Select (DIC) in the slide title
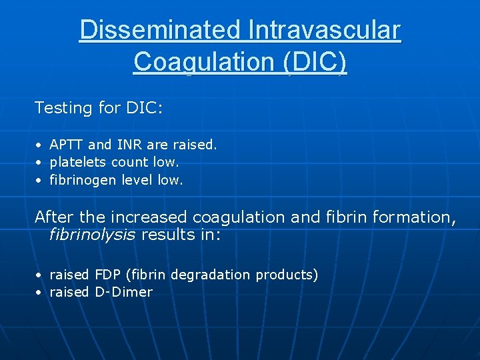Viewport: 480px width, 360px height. pos(315,61)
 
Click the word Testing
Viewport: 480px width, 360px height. pos(63,108)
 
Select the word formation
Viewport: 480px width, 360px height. pos(413,217)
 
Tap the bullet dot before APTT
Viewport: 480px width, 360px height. pos(39,145)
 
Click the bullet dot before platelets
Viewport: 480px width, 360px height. pos(39,163)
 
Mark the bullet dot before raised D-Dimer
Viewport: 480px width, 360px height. pos(39,293)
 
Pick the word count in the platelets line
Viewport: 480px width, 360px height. pos(131,162)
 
